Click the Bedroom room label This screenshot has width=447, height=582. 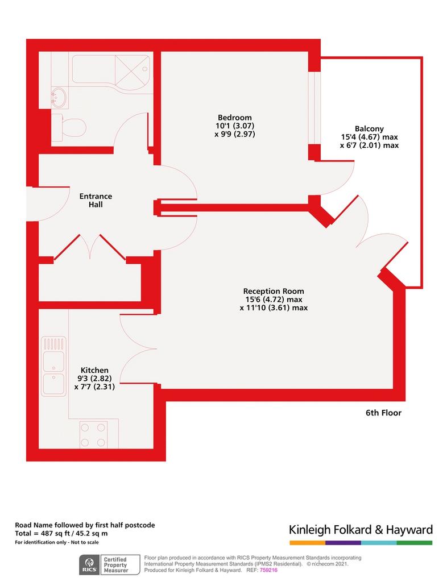click(x=235, y=118)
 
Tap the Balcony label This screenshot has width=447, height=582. click(x=369, y=129)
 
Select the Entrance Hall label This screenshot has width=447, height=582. click(x=96, y=200)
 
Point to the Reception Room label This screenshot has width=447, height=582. click(x=274, y=292)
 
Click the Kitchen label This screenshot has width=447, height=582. click(x=94, y=370)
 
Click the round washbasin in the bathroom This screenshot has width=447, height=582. click(x=59, y=97)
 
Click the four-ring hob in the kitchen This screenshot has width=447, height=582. click(x=93, y=434)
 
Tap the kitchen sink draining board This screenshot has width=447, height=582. click(x=54, y=344)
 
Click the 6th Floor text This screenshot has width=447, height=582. click(x=383, y=413)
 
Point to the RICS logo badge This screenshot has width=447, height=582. click(x=89, y=565)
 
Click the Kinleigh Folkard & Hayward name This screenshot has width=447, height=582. click(x=361, y=529)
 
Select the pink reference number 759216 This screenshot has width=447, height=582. click(x=268, y=569)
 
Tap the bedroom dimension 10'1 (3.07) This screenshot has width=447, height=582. click(x=235, y=126)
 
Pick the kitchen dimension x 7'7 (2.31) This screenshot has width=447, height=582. click(x=94, y=386)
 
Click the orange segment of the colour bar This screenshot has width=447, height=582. click(x=308, y=543)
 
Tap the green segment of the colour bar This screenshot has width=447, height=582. click(x=415, y=543)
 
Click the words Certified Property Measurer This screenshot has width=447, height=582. click(x=116, y=565)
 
